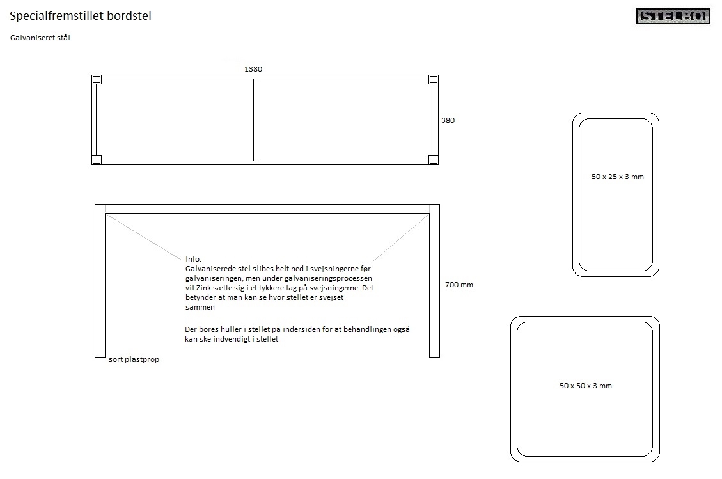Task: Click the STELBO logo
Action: (673, 16)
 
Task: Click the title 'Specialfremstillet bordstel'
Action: (81, 16)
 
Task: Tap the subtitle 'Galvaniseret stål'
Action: (40, 38)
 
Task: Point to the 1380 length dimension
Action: (253, 69)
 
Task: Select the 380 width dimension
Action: (448, 120)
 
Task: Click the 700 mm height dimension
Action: (459, 285)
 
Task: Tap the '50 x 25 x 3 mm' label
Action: (618, 177)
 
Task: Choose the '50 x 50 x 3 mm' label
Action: (586, 386)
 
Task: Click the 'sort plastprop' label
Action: (134, 359)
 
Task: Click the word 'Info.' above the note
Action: (193, 259)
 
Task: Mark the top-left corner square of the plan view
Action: (96, 80)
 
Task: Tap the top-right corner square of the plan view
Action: (434, 80)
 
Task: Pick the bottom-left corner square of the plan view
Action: (96, 160)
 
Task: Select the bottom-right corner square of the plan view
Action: (434, 160)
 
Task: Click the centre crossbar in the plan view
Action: (256, 120)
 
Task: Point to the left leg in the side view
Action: (100, 281)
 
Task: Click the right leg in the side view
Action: (434, 281)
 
